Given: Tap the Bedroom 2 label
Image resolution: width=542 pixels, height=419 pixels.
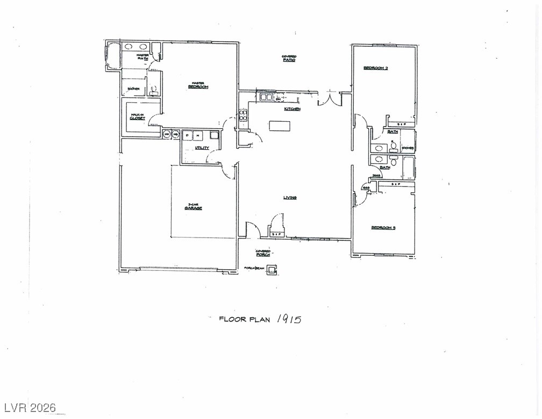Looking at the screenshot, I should pos(376,68).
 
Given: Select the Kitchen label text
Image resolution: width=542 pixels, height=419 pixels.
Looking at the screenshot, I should pos(292,109).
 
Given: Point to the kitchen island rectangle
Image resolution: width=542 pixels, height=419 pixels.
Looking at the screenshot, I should pos(280,126).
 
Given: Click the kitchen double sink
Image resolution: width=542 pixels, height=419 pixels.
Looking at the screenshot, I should pos(267,98).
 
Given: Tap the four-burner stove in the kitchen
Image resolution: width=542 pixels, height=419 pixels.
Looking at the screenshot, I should pos(243,115).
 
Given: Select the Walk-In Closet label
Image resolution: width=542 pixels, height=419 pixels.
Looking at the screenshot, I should pos(138,116).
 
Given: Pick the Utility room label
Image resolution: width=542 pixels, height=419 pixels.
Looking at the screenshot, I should pos(202,148).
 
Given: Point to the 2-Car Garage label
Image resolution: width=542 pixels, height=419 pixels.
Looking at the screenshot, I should pos(195,206).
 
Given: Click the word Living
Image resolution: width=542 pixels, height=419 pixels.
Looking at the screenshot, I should pos(290,198).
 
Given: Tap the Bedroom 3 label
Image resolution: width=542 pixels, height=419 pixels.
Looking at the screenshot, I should pos(383,228).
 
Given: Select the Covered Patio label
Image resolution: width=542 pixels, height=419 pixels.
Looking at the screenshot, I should pos(289,58).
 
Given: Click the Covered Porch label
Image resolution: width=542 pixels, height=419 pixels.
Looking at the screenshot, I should pos(263,253).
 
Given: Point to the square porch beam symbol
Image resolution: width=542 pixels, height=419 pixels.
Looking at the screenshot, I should pos(272,269).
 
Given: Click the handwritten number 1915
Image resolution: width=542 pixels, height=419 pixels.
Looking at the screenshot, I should pos(289,319).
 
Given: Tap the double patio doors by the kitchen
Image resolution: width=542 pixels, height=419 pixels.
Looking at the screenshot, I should pos(330,100).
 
